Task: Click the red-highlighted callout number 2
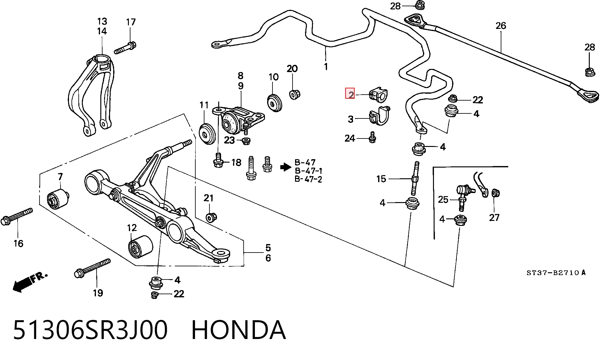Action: click(x=350, y=93)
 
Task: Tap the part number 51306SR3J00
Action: click(x=90, y=330)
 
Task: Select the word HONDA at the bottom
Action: click(x=238, y=330)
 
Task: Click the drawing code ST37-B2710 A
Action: click(x=556, y=273)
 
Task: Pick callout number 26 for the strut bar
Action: click(x=501, y=26)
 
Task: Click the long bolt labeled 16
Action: click(x=17, y=217)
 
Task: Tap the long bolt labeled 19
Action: click(x=92, y=268)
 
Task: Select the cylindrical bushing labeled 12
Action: click(x=140, y=247)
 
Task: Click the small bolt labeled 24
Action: click(x=372, y=137)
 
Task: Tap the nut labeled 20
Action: click(x=294, y=94)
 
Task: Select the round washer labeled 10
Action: click(x=275, y=102)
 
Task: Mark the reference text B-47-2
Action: click(x=308, y=179)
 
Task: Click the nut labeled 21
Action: click(x=211, y=217)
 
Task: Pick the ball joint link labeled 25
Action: click(x=464, y=197)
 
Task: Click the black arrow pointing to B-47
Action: click(x=286, y=167)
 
